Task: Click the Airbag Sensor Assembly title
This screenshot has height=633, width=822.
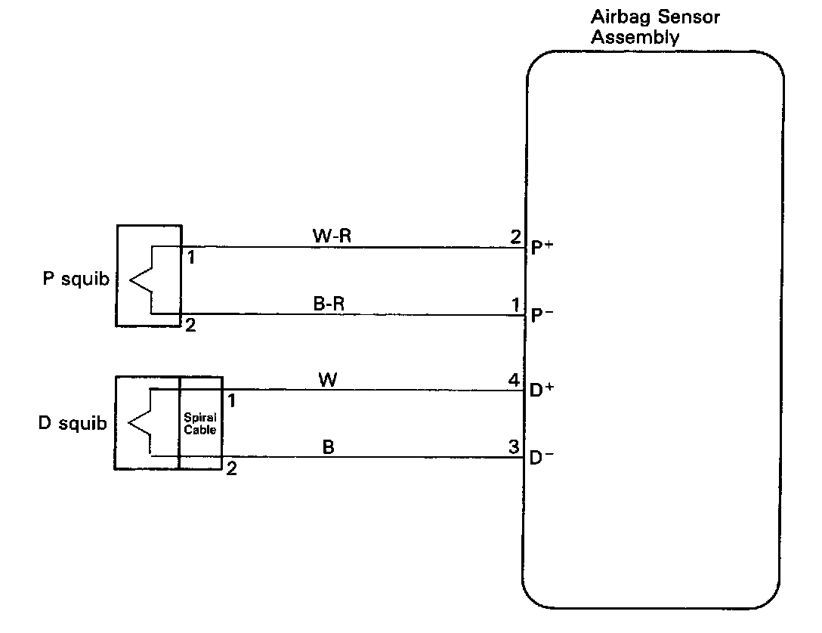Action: click(654, 28)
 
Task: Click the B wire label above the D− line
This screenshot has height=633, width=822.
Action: click(328, 447)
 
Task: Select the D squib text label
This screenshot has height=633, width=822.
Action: click(73, 423)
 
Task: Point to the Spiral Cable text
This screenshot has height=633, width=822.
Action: click(200, 423)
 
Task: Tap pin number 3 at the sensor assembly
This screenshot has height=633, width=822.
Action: click(515, 448)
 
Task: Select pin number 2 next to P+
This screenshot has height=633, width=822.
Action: click(515, 236)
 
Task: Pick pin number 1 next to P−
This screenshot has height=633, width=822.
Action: click(515, 305)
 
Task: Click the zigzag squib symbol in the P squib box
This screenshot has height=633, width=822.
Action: click(142, 279)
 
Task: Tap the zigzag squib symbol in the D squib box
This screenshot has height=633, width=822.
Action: click(141, 423)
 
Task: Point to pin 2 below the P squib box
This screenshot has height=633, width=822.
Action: click(190, 326)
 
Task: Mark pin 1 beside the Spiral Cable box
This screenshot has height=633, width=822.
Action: click(232, 401)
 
